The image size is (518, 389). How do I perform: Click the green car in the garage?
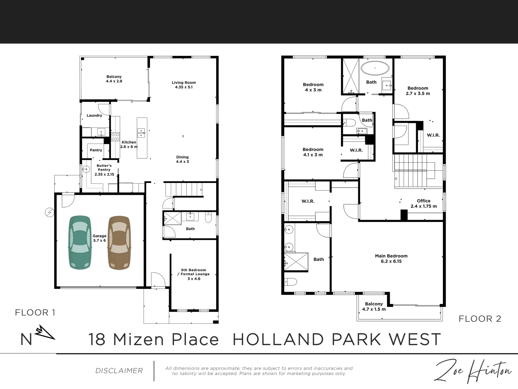pos(80,242)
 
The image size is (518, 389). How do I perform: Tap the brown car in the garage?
pos(119,242)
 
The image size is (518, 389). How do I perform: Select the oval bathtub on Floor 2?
pos(375,68)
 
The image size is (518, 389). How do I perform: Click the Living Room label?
pos(183,85)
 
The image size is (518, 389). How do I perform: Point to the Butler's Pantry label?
pos(104,170)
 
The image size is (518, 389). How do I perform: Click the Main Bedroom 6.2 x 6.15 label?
pos(391,258)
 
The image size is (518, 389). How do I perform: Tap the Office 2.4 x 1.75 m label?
pos(424,204)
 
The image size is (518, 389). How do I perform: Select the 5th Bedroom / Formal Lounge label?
pos(194,274)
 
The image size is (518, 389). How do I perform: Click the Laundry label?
pos(94,116)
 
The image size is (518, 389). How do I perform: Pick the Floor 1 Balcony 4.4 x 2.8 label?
pos(114,79)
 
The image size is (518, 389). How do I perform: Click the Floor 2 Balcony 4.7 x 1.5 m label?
pos(374,306)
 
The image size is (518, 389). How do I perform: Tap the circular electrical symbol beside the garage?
pos(50,213)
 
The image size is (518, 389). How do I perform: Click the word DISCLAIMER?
pos(119,371)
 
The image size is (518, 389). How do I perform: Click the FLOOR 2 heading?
pos(480,319)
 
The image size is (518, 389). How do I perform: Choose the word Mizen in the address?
pos(138,339)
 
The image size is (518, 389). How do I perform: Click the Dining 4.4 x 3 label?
pos(182,160)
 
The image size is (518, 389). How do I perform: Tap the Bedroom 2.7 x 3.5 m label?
pos(418,91)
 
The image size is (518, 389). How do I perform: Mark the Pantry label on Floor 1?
pos(96,150)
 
